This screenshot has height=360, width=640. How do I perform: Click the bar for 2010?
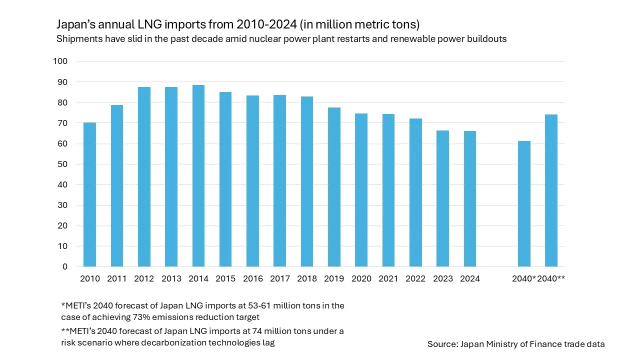89,194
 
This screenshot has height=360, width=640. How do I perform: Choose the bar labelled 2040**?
551,190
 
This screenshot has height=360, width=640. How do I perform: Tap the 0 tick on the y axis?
64,266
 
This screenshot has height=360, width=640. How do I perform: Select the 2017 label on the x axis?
279,279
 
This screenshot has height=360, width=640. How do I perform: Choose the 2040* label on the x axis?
523,279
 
